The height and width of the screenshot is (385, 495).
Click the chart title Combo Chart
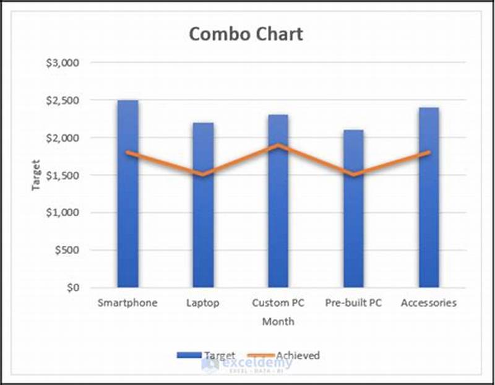pos(246,33)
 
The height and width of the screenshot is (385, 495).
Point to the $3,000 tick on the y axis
pos(64,63)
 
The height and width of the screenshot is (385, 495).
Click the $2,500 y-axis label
pos(64,100)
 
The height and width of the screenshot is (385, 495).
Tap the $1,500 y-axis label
pos(64,175)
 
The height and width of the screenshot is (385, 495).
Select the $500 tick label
pos(68,250)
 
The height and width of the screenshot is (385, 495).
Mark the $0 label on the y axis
pos(74,288)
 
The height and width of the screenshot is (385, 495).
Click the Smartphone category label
pos(127,303)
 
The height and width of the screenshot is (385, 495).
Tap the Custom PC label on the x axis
pos(278,303)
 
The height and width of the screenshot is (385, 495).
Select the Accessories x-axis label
pos(428,303)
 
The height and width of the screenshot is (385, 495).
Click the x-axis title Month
pos(278,322)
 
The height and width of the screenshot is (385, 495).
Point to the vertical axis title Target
pos(37,175)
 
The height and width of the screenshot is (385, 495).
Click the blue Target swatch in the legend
pos(189,355)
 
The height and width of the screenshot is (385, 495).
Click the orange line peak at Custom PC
pos(278,145)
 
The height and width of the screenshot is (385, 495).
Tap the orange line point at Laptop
pos(202,175)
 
